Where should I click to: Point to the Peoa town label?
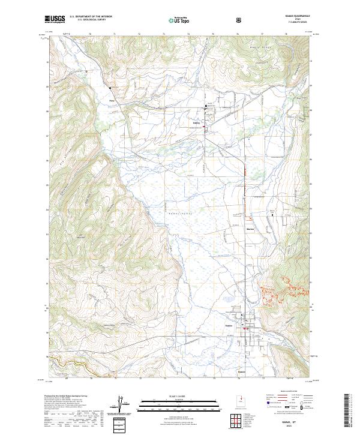tap(111, 100)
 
